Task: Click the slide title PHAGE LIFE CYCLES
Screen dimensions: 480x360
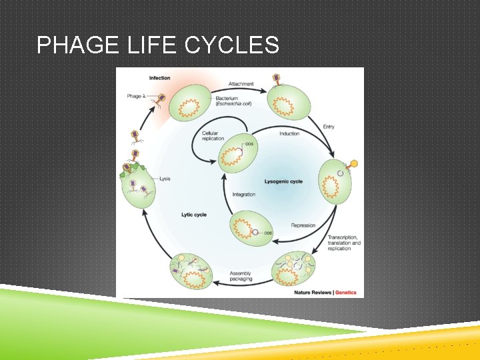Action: (x=158, y=45)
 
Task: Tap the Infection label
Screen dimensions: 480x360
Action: (x=159, y=78)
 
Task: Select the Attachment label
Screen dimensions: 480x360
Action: (x=241, y=84)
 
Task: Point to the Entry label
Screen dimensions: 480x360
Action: (x=329, y=127)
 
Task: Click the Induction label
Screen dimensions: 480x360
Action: (x=289, y=133)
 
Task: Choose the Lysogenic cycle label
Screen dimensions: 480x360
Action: (x=283, y=181)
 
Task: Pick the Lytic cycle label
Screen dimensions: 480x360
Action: (x=194, y=215)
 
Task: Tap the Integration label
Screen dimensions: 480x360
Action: (x=243, y=195)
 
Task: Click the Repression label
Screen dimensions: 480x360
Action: (x=303, y=225)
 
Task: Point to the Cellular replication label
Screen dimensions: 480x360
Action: (x=214, y=136)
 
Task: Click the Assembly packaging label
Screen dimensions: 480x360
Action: (x=240, y=276)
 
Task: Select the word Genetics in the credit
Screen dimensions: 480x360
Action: (x=345, y=292)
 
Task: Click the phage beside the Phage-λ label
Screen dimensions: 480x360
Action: (x=161, y=99)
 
